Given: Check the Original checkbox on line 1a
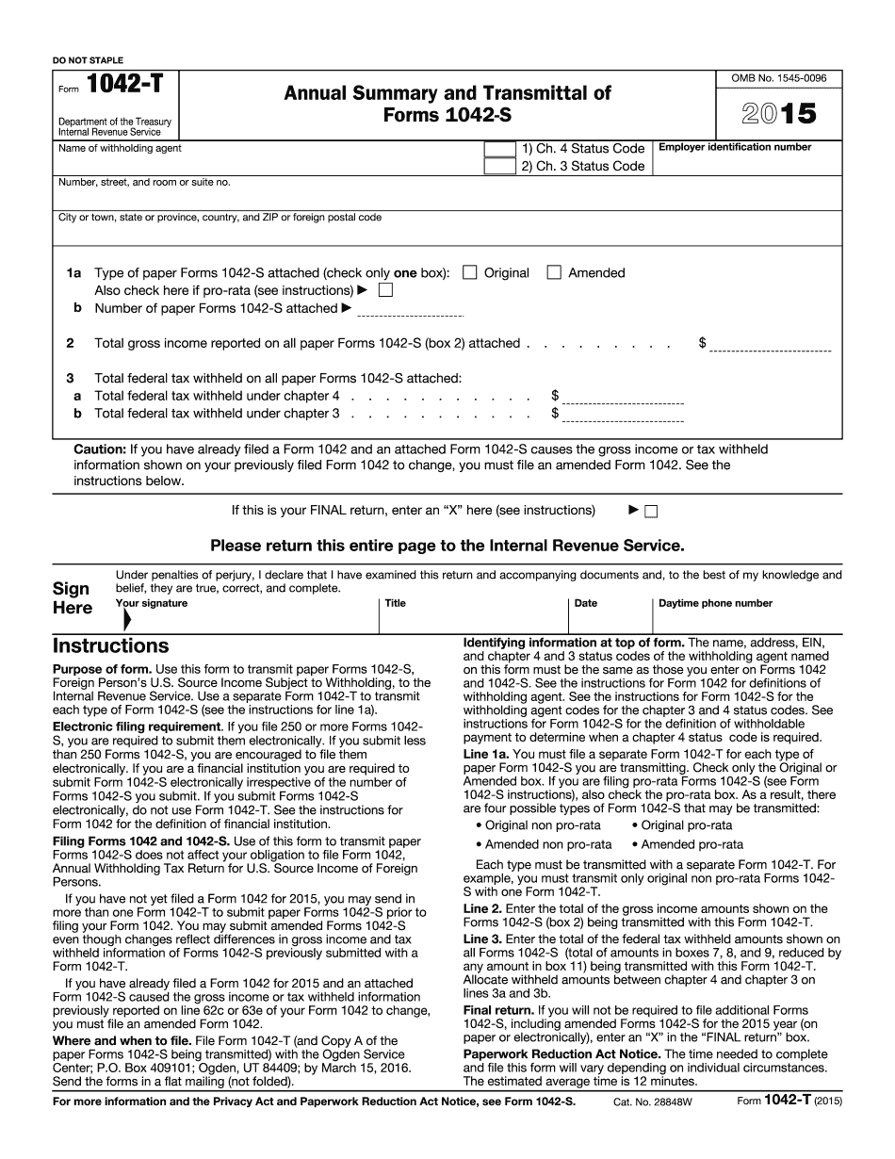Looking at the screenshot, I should (470, 273).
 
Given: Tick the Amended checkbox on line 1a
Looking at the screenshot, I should (554, 273).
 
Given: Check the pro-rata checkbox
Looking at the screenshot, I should (385, 290).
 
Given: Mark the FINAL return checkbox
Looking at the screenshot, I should (651, 512).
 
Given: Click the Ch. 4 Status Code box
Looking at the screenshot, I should (498, 149).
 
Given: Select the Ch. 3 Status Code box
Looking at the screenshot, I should (498, 166).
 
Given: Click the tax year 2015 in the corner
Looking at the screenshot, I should (778, 114).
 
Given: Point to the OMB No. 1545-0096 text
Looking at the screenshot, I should (778, 78).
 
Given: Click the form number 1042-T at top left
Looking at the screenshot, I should (124, 85).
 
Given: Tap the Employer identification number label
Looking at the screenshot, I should (735, 147).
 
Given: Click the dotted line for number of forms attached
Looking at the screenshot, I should (411, 314).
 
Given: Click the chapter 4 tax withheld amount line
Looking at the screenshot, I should (623, 400).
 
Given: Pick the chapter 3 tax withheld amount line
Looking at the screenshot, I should (623, 416).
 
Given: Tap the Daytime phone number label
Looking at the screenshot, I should (715, 603).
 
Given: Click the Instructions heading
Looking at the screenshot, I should (110, 646).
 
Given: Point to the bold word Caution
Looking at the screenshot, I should (99, 449).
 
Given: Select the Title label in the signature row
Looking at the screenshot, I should (395, 603).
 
